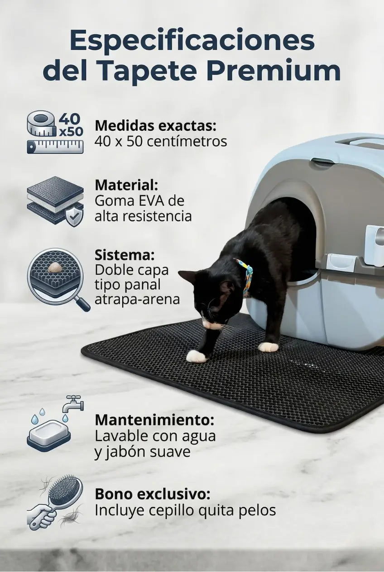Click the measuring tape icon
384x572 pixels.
[x=55, y=132]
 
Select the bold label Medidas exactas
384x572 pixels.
[x=155, y=126]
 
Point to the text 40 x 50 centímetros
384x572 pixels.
[x=161, y=141]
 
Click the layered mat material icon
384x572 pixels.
[x=55, y=201]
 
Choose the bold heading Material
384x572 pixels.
[x=126, y=185]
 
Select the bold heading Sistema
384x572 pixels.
[x=125, y=255]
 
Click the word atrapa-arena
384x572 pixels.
[x=137, y=299]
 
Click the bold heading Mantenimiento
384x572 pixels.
[x=154, y=420]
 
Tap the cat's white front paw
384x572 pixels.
[x=197, y=356]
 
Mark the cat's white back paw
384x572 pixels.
[x=268, y=347]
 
